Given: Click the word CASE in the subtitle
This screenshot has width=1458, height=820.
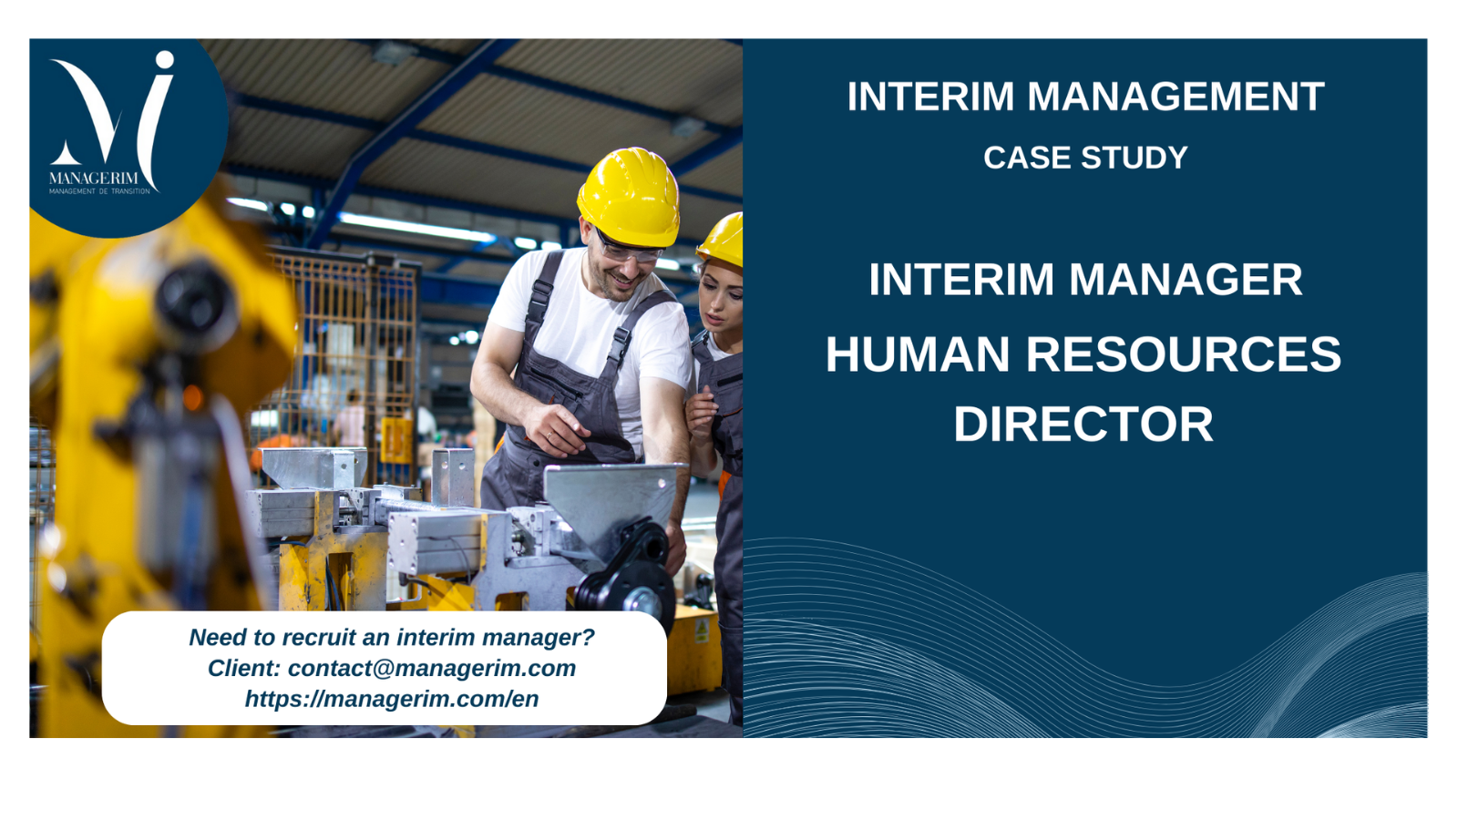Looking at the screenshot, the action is [1027, 158].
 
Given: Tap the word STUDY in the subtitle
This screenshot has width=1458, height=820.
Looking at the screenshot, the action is [1135, 158].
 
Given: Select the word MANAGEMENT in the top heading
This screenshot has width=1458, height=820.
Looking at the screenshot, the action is [1176, 97].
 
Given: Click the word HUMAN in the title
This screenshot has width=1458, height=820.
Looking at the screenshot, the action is [917, 354].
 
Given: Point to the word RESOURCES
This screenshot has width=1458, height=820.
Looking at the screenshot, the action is [1184, 354].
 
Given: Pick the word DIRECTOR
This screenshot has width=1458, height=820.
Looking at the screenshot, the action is [1083, 425].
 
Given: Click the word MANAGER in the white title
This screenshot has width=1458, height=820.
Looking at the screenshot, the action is [1186, 280].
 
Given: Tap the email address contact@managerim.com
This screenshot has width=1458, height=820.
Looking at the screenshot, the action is [432, 669].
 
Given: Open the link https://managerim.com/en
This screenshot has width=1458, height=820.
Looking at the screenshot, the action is [392, 699].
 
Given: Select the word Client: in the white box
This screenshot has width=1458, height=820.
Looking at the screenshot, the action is [244, 669].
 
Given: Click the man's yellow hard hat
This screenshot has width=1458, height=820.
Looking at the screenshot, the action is [629, 197].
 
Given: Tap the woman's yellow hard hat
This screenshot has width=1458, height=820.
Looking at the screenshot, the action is [721, 240].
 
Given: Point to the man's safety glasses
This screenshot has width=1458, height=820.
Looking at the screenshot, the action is [628, 250].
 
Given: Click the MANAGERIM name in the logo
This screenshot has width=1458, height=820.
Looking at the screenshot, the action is [94, 179].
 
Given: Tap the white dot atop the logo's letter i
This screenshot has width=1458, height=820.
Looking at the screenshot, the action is [165, 60].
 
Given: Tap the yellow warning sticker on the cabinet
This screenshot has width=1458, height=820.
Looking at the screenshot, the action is [701, 630].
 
